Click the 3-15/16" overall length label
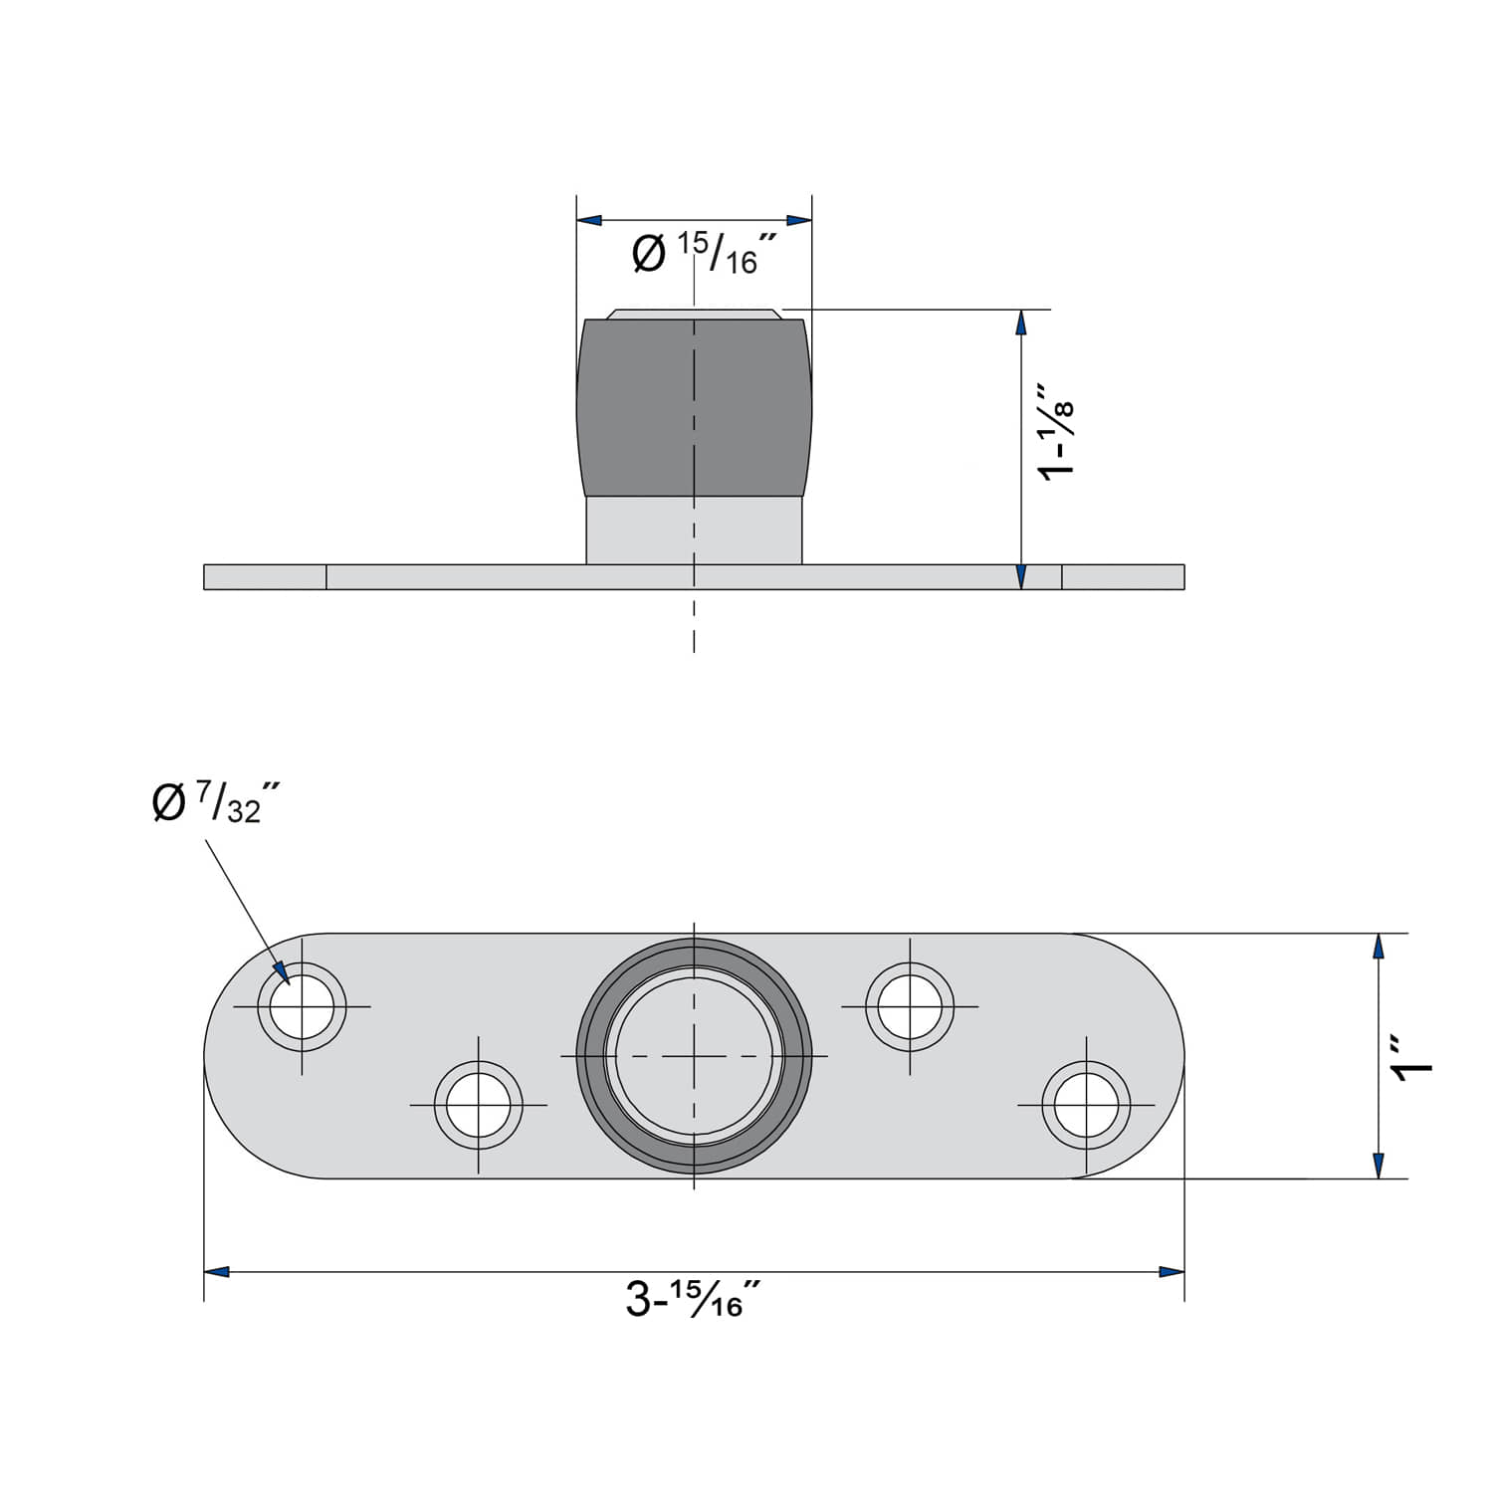click(x=693, y=1299)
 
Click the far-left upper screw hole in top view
click(x=303, y=1006)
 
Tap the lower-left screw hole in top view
click(x=479, y=1105)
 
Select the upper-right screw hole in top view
click(x=910, y=1006)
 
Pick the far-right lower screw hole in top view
click(x=1086, y=1105)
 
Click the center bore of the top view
click(x=694, y=1055)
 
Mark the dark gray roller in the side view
click(x=694, y=408)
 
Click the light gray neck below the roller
click(x=694, y=530)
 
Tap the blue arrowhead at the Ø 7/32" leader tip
click(x=282, y=971)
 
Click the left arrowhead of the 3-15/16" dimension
click(x=217, y=1272)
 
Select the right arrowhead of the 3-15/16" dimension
click(x=1172, y=1272)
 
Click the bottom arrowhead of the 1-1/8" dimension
click(x=1020, y=576)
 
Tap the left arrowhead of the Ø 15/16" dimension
click(x=590, y=220)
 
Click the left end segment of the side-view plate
click(x=265, y=577)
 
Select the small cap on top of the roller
click(x=694, y=314)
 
